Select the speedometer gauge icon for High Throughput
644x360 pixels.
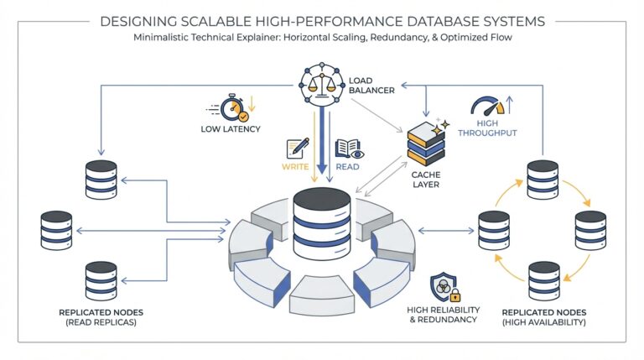[x=488, y=107]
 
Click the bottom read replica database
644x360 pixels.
[x=101, y=281]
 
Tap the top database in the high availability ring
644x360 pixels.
[x=543, y=178]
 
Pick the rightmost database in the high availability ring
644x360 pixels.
[x=590, y=229]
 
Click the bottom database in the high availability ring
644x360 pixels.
[x=543, y=280]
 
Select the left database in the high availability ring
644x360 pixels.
[x=494, y=229]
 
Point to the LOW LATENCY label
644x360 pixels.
[x=230, y=129]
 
